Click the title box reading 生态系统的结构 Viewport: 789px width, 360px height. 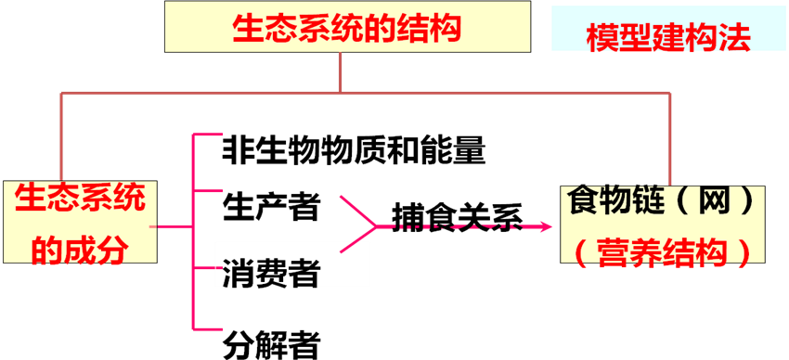tap(347, 26)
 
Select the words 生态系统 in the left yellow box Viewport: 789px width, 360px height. tap(81, 199)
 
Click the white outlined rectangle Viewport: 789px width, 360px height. tap(292, 263)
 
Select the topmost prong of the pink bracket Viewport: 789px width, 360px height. tap(208, 135)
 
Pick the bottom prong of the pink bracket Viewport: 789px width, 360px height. tap(208, 328)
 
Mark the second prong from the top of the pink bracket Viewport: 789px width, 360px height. tap(208, 190)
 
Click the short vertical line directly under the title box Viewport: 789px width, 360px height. tap(341, 71)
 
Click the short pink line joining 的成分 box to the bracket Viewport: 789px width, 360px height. tap(174, 225)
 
